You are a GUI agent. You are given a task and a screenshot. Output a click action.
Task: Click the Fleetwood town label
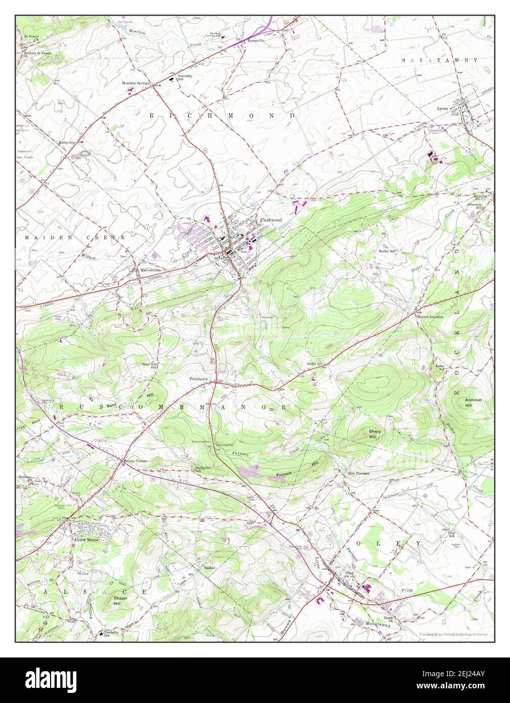point(271,220)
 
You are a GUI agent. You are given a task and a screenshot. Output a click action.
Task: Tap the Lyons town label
point(443,108)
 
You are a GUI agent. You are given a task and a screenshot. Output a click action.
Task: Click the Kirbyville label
point(67,143)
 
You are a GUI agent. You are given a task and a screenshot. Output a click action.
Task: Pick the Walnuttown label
point(152,270)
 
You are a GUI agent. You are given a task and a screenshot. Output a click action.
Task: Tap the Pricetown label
point(199,378)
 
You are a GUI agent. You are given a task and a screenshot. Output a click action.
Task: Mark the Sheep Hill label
point(375,433)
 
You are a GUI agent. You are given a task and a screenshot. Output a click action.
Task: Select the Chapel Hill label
point(117,600)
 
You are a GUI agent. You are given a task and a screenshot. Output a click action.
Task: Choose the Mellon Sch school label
point(387,251)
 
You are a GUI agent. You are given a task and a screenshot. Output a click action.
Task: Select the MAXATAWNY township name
point(440,60)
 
